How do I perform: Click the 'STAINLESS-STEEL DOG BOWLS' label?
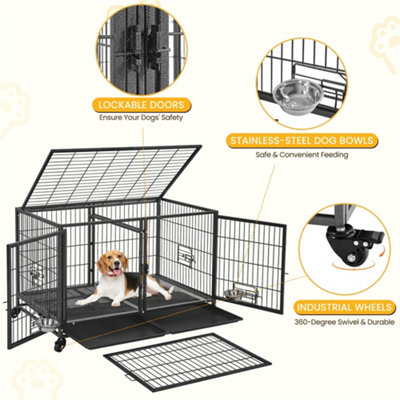(x=302, y=143)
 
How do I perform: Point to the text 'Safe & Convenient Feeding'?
(x=303, y=158)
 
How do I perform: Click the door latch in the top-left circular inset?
(x=145, y=46)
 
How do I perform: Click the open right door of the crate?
(x=251, y=259)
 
